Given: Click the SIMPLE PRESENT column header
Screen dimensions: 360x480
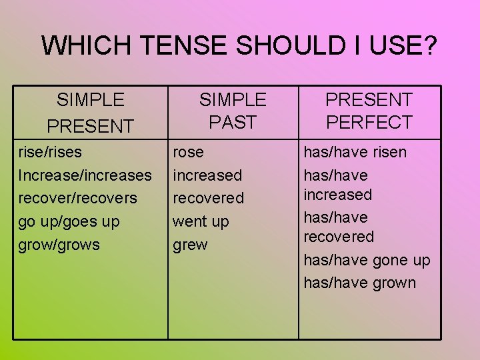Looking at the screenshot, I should click(90, 112).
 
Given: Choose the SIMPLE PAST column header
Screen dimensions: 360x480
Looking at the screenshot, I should click(232, 111).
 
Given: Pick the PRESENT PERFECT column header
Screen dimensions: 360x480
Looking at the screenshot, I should click(369, 111).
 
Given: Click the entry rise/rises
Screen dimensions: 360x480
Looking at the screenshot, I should click(50, 152).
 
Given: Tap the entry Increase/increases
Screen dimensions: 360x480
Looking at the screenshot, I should click(85, 175).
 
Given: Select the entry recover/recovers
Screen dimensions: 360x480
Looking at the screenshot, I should click(77, 198).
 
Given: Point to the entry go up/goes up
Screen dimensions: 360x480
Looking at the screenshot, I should click(69, 221).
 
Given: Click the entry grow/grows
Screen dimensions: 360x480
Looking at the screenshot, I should click(59, 245).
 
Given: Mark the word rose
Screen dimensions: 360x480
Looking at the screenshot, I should click(188, 152).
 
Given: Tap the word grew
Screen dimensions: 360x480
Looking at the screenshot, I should click(190, 245).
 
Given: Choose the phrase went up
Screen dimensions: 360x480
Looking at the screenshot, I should click(200, 221).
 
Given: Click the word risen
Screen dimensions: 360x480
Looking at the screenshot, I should click(389, 152).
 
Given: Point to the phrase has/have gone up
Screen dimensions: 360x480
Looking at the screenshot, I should click(367, 260).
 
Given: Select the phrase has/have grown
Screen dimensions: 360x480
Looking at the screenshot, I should click(359, 283).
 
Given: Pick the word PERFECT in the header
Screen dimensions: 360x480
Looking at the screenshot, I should click(369, 123).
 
